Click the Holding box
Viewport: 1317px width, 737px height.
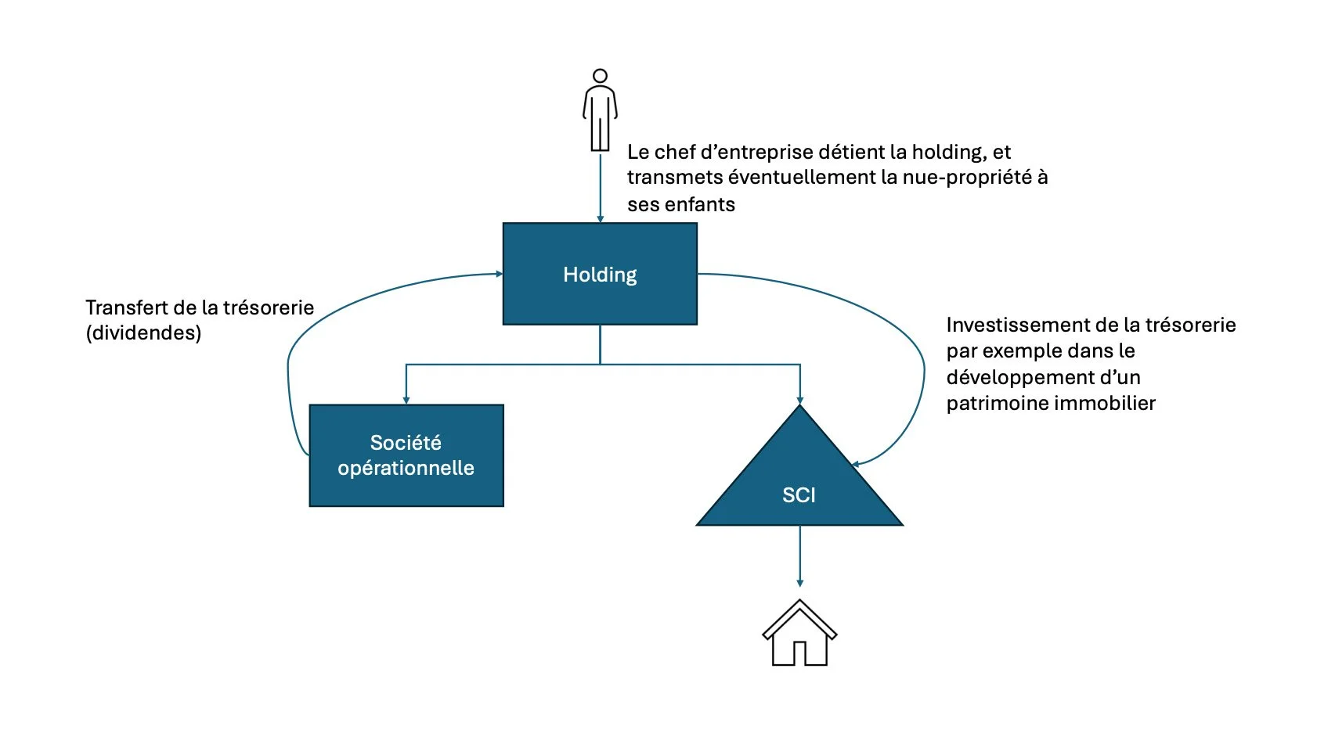pos(600,274)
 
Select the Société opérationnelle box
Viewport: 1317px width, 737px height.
pos(406,455)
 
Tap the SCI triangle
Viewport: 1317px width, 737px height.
pos(799,485)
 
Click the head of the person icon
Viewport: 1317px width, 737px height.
pos(600,76)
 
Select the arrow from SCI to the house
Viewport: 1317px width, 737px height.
pos(799,555)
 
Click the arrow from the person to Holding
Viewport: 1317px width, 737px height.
pos(600,188)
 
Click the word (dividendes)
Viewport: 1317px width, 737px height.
pos(143,333)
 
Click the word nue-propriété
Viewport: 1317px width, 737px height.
pos(967,178)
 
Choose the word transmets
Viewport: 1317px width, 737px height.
pos(674,178)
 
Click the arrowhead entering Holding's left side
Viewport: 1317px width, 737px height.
pos(498,274)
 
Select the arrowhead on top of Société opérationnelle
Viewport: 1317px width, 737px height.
pos(406,400)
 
